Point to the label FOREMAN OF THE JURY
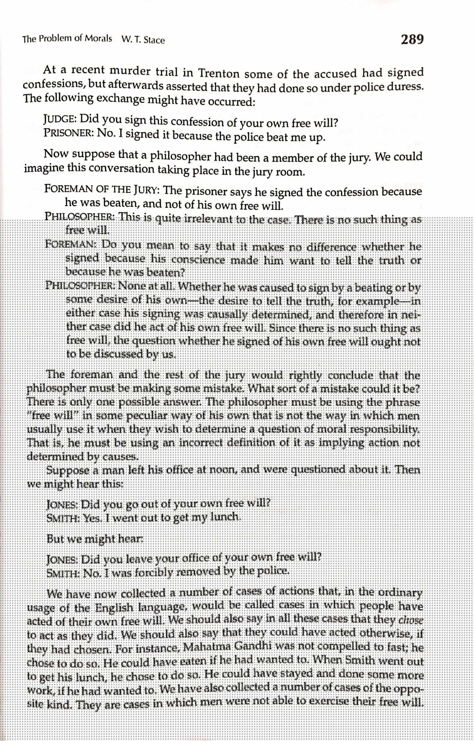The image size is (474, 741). click(x=102, y=189)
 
